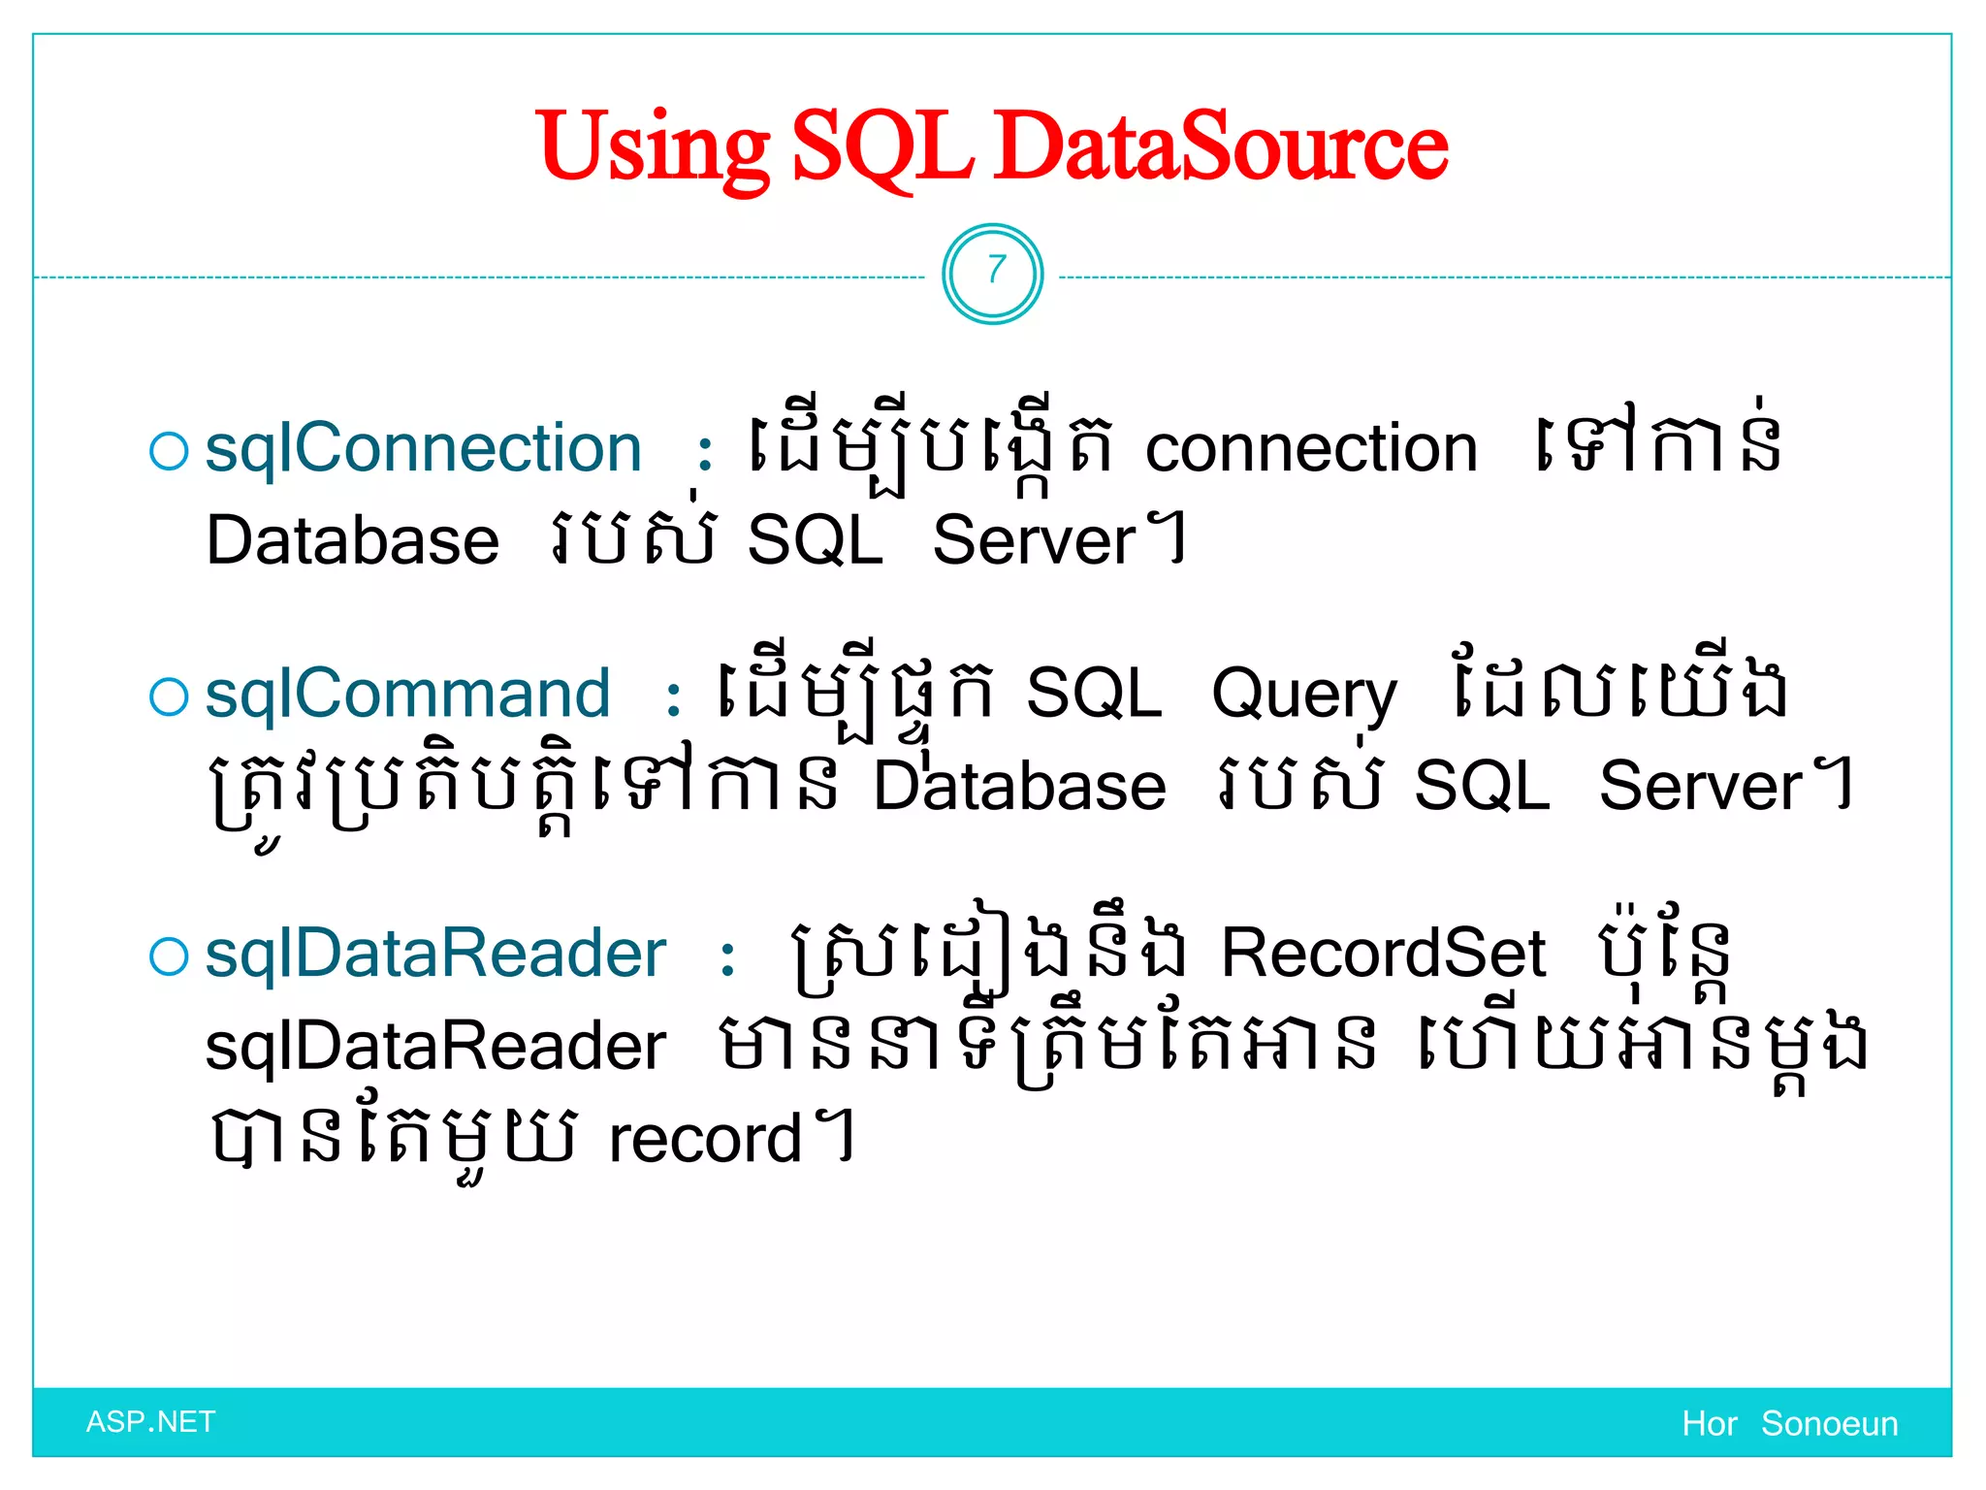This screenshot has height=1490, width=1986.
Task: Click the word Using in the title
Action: (652, 148)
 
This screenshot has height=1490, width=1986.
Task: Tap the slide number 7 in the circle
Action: (994, 271)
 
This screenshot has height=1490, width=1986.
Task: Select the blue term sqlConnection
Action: (424, 449)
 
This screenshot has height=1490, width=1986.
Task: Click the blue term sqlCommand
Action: (408, 695)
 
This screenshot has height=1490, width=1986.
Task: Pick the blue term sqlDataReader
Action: (435, 954)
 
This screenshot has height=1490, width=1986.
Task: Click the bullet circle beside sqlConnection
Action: (169, 452)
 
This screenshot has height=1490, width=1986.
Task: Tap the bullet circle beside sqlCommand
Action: (169, 697)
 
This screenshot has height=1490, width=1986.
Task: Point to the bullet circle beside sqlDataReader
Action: (169, 956)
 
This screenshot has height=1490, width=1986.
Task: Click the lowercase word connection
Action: (1311, 449)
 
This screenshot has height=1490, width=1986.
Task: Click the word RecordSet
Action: (1383, 954)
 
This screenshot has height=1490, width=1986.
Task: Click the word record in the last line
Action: (705, 1140)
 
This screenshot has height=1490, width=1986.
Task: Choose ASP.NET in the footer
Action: (150, 1422)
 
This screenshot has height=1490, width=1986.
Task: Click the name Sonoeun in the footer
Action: (1829, 1424)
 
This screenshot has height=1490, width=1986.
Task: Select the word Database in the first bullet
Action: (353, 541)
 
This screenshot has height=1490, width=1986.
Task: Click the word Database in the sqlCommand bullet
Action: (1019, 787)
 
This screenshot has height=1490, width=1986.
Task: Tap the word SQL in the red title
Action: (882, 148)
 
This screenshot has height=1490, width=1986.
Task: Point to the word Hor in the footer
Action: (1710, 1424)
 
